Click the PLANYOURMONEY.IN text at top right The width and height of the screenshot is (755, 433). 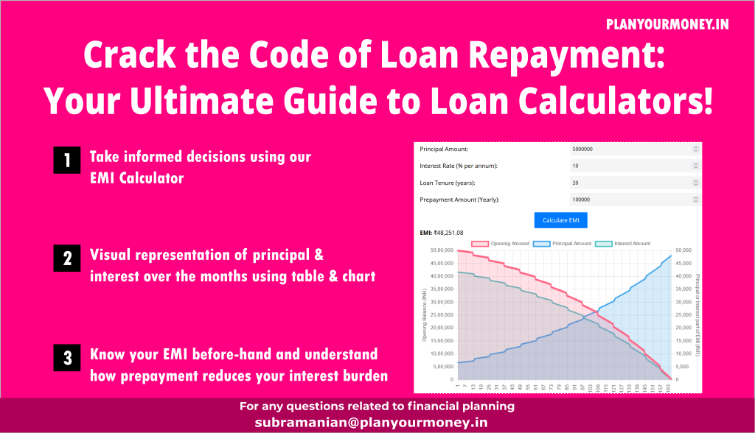tap(667, 24)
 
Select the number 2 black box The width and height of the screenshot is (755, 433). tap(66, 259)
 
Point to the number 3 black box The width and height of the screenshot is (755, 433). tap(66, 359)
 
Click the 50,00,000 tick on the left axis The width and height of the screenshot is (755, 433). tap(440, 251)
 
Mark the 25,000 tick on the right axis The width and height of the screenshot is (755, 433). tap(683, 315)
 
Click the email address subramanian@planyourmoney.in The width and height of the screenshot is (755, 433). tap(372, 423)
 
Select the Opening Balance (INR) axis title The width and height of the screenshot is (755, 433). tap(425, 315)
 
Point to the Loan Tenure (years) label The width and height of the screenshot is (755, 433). tap(448, 183)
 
